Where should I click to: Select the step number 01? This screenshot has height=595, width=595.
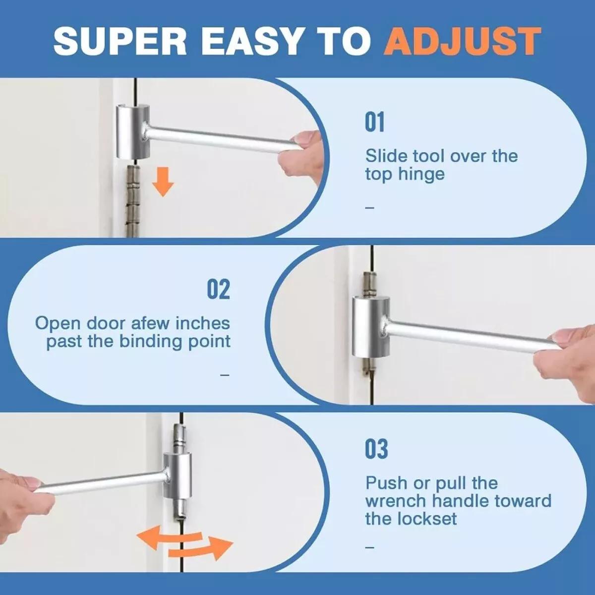[x=374, y=122]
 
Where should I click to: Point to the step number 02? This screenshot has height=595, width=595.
[x=218, y=290]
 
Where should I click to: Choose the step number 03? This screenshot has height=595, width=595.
[x=376, y=449]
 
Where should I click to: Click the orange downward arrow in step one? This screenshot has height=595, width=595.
[x=163, y=182]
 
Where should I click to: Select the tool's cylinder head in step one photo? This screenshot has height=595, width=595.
[x=132, y=131]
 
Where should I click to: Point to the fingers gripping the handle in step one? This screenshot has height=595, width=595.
[x=300, y=152]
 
